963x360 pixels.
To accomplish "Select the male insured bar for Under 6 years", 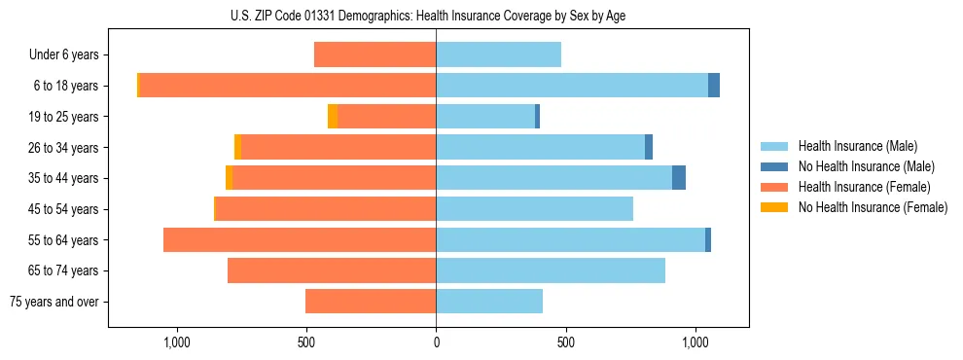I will click(x=498, y=54).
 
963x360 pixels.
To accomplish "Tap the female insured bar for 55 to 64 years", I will click(x=300, y=239).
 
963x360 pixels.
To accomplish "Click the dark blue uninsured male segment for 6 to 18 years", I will click(x=714, y=86).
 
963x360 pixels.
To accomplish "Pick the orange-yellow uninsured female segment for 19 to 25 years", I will click(x=333, y=117).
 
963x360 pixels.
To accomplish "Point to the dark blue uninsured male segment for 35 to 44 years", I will click(x=679, y=178).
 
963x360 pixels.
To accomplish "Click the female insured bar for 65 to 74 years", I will click(x=332, y=270).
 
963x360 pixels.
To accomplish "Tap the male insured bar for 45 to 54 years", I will click(x=534, y=209).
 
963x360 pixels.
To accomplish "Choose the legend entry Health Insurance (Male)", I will click(x=857, y=146).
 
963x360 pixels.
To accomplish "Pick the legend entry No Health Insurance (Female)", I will click(x=873, y=207).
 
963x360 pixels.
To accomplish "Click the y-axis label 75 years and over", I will click(x=54, y=302).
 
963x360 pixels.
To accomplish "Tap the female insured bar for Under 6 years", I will click(x=374, y=54).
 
